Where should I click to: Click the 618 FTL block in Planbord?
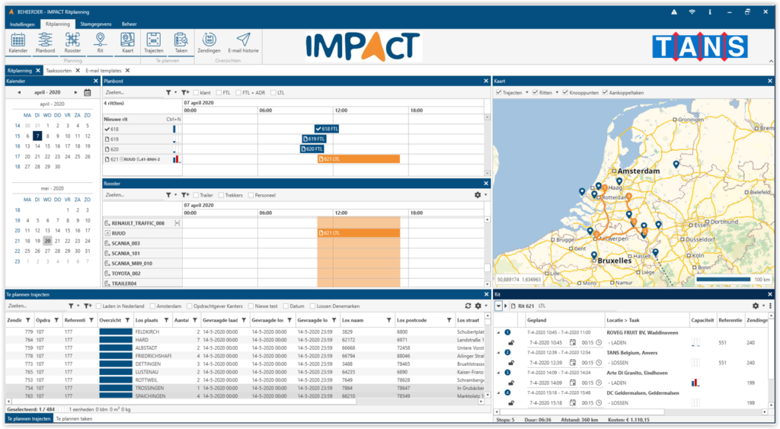[327, 130]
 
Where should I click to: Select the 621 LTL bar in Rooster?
[357, 233]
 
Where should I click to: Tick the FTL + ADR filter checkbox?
[236, 92]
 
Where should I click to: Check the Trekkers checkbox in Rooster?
[222, 195]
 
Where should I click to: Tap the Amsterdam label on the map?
[628, 172]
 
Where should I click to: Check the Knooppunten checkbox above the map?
[566, 92]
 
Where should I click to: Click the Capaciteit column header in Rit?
[702, 320]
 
